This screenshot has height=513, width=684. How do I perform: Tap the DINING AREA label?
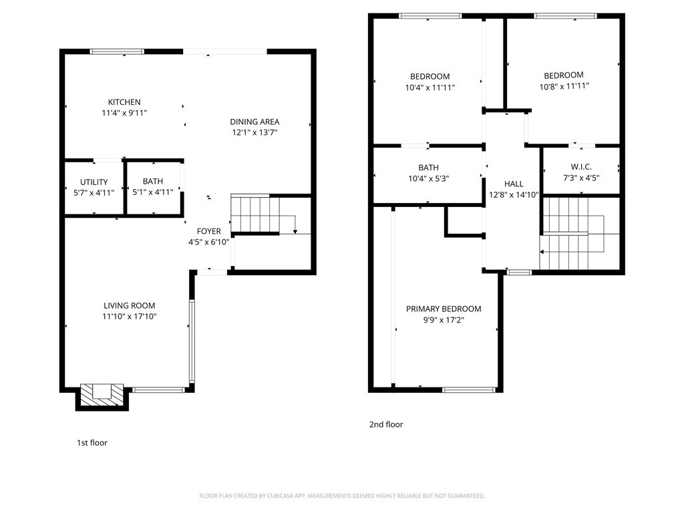(x=254, y=122)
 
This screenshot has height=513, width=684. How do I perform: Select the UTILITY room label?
(x=94, y=182)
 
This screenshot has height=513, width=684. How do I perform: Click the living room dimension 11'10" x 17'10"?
(x=130, y=317)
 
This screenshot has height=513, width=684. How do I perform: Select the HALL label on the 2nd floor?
(x=514, y=184)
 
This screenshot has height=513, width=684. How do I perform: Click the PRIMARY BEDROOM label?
(x=444, y=309)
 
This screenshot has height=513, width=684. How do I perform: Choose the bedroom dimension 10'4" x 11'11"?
(x=430, y=88)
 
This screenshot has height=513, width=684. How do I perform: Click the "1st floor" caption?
(x=92, y=443)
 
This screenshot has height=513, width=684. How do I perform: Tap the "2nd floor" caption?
(x=386, y=424)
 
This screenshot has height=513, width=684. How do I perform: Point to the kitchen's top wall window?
(x=117, y=51)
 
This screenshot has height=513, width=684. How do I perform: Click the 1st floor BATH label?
(x=152, y=182)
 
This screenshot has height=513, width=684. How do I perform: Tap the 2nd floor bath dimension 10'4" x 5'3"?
(x=428, y=178)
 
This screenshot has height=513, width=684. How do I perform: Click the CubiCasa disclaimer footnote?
(x=342, y=496)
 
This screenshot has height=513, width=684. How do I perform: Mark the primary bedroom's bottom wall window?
(x=468, y=389)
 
